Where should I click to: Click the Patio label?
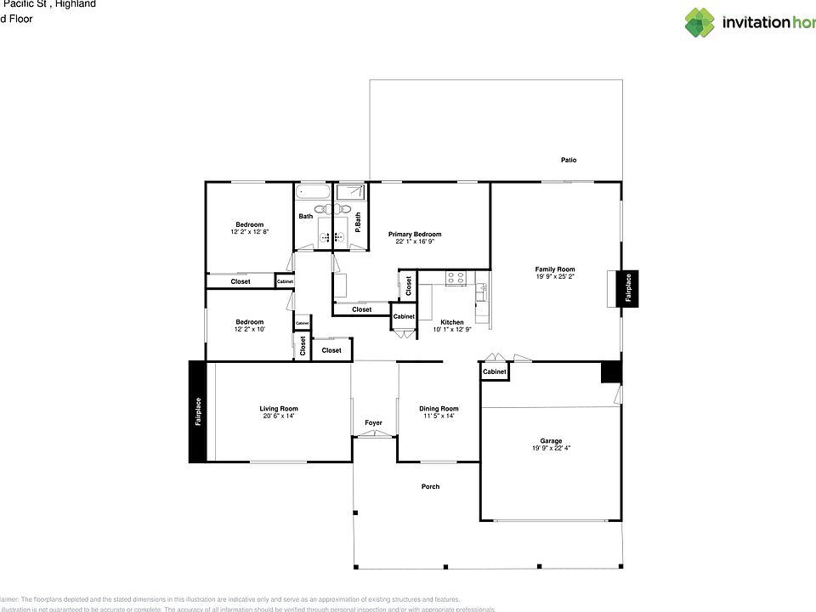pyautogui.click(x=569, y=160)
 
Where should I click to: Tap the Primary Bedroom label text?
pyautogui.click(x=415, y=234)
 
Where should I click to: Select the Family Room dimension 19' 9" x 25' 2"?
pyautogui.click(x=555, y=277)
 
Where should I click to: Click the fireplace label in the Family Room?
pyautogui.click(x=628, y=287)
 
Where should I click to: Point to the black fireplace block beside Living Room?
pyautogui.click(x=197, y=411)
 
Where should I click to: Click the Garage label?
pyautogui.click(x=551, y=440)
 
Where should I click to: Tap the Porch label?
pyautogui.click(x=431, y=486)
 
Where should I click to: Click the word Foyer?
pyautogui.click(x=373, y=422)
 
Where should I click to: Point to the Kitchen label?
pyautogui.click(x=452, y=322)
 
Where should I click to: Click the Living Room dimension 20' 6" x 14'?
pyautogui.click(x=279, y=416)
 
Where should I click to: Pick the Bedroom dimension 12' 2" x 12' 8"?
pyautogui.click(x=249, y=232)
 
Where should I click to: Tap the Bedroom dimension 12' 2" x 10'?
pyautogui.click(x=249, y=329)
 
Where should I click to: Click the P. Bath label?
pyautogui.click(x=359, y=222)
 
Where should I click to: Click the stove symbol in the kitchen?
pyautogui.click(x=456, y=277)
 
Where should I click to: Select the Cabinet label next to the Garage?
pyautogui.click(x=495, y=371)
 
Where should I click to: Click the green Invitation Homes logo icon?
pyautogui.click(x=700, y=23)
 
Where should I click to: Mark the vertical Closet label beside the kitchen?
pyautogui.click(x=409, y=286)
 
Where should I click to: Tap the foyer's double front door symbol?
pyautogui.click(x=374, y=434)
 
